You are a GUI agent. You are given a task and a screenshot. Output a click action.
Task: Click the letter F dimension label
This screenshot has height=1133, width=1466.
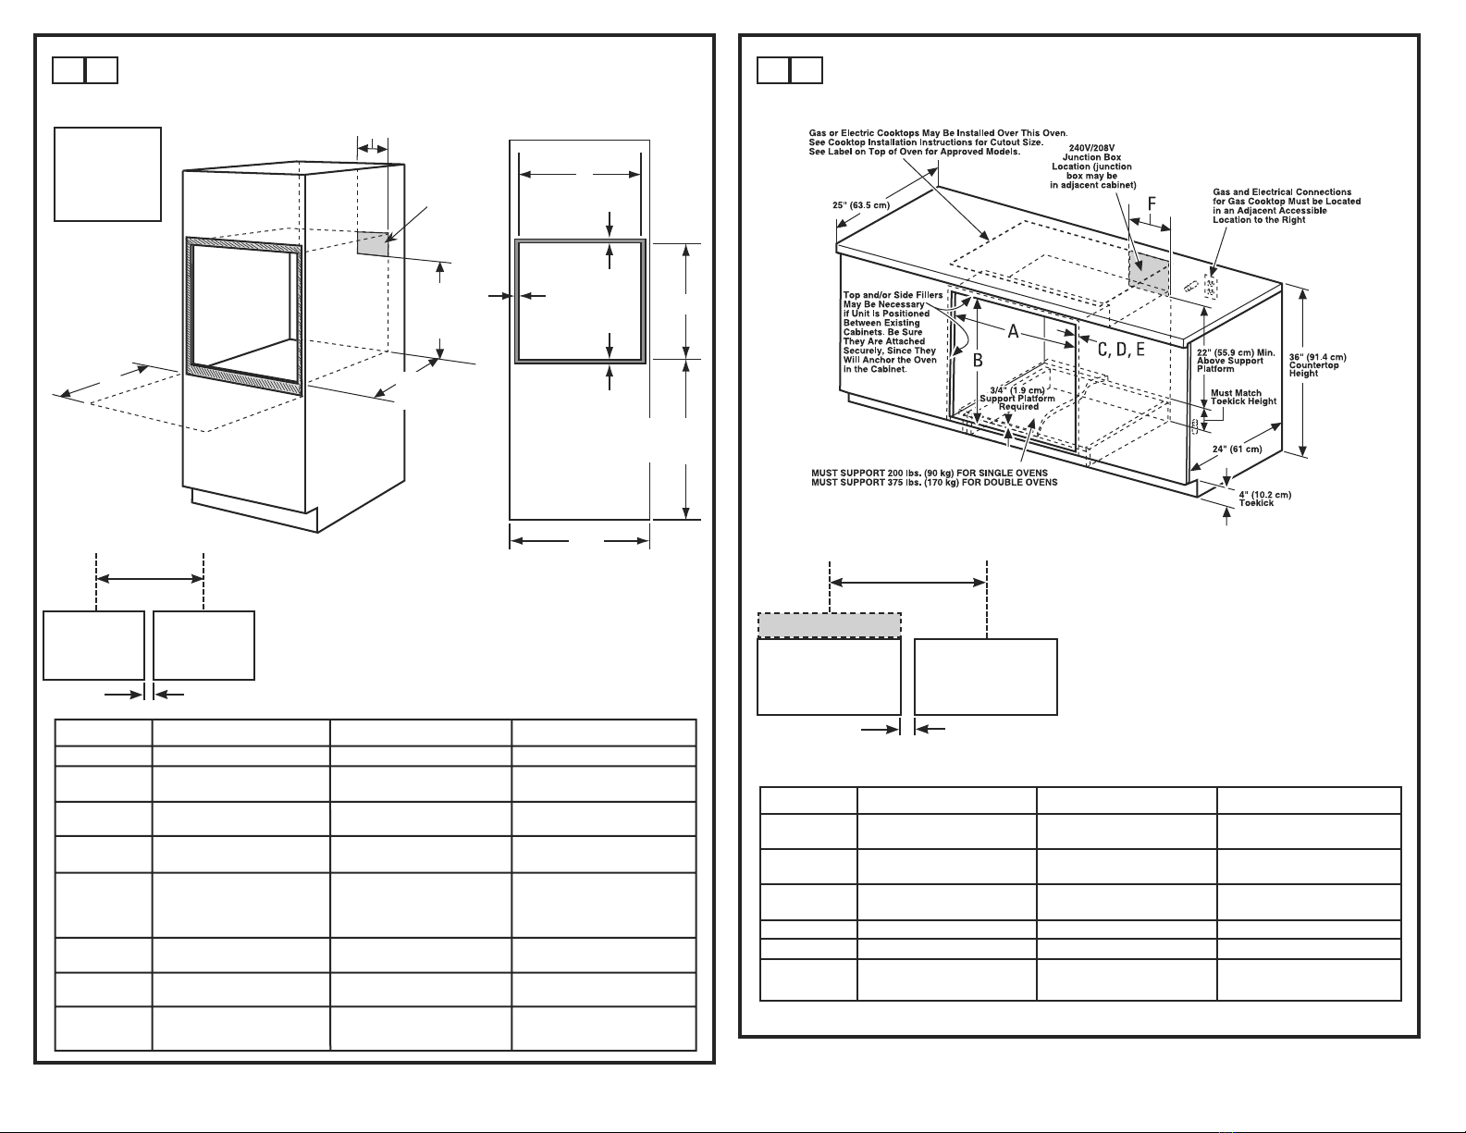pos(1152,203)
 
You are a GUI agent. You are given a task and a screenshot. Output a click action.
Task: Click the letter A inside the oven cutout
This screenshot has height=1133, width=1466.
pos(1013,331)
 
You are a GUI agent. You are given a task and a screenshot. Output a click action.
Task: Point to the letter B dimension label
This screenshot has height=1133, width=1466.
pos(978,361)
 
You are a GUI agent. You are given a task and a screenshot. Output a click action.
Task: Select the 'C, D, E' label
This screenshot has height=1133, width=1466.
pos(1121,350)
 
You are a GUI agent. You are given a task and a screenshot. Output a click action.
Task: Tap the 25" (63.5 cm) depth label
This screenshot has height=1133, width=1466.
pos(861,205)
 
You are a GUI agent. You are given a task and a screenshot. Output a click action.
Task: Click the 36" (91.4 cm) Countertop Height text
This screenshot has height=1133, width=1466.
pos(1318,364)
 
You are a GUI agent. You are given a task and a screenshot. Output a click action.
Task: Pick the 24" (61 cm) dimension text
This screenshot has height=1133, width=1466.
pos(1238,450)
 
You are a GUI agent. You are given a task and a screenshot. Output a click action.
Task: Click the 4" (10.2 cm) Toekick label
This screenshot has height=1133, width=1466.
pos(1265,499)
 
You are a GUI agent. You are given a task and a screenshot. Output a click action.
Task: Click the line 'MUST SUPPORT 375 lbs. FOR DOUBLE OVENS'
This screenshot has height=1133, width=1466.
pos(934,482)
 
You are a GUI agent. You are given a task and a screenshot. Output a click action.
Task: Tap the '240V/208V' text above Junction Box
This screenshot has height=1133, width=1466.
pos(1091,148)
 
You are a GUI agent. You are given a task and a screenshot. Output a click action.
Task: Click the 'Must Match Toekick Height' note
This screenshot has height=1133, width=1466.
pos(1243,397)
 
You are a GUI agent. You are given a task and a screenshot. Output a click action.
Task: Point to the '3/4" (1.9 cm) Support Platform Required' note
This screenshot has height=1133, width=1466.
pos(1017,398)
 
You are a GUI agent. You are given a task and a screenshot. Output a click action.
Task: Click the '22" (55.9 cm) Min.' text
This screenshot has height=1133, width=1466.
pos(1236,352)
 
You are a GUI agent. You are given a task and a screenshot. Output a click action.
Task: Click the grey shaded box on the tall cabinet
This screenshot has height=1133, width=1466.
pos(373,243)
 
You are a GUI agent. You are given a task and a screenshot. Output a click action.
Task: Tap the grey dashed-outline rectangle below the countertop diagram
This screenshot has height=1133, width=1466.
pos(829,625)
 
